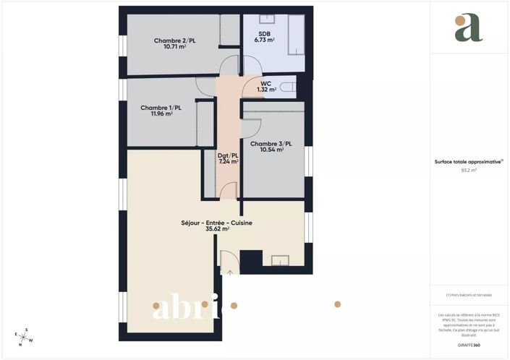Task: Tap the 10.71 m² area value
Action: click(174, 47)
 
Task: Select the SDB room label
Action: click(265, 34)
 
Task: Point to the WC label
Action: click(266, 84)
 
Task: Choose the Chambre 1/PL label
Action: click(161, 108)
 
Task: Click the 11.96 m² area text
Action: click(161, 114)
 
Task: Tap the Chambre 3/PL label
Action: click(266, 144)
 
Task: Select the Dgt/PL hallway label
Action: click(228, 155)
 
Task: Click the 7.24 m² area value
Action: click(228, 162)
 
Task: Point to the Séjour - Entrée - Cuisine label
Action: click(216, 223)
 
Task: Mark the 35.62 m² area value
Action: click(217, 229)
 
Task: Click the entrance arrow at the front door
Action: click(229, 272)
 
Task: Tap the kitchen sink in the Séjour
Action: click(278, 260)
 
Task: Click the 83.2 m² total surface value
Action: click(469, 171)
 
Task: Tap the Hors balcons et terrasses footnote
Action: click(469, 296)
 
